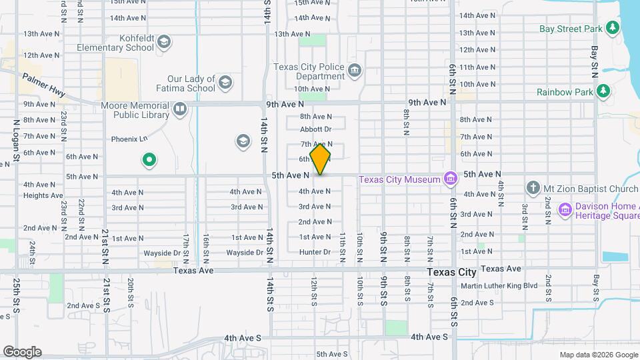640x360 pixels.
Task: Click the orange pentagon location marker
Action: tap(321, 159)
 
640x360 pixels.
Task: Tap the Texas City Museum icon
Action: tap(451, 179)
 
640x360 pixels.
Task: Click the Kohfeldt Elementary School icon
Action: tap(165, 43)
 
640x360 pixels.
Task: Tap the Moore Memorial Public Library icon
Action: tap(179, 109)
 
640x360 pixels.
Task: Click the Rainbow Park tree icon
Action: tap(603, 91)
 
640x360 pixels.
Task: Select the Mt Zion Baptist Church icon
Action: tap(533, 189)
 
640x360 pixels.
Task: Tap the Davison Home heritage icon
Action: tap(565, 211)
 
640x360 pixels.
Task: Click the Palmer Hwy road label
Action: tap(44, 85)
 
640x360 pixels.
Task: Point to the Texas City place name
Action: tap(451, 272)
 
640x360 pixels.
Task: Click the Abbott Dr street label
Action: tap(315, 129)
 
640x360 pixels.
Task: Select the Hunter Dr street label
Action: tap(315, 252)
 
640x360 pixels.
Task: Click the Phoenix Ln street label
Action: tap(129, 139)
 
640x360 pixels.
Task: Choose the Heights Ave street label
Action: tap(43, 195)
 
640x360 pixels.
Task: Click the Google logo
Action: tap(22, 352)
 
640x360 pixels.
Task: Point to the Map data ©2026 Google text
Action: tap(597, 355)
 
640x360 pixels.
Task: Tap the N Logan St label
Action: tap(17, 140)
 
